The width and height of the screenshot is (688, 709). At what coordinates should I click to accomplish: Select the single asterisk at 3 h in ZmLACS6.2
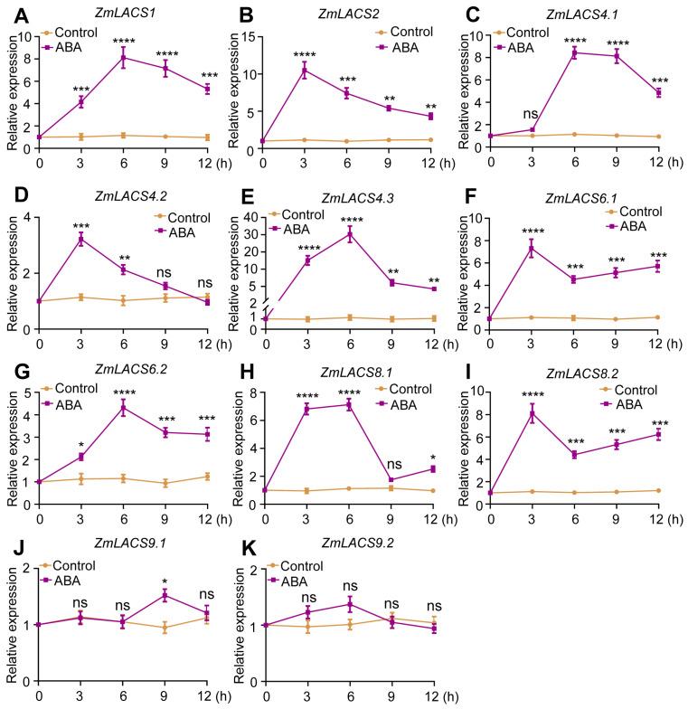pos(82,443)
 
